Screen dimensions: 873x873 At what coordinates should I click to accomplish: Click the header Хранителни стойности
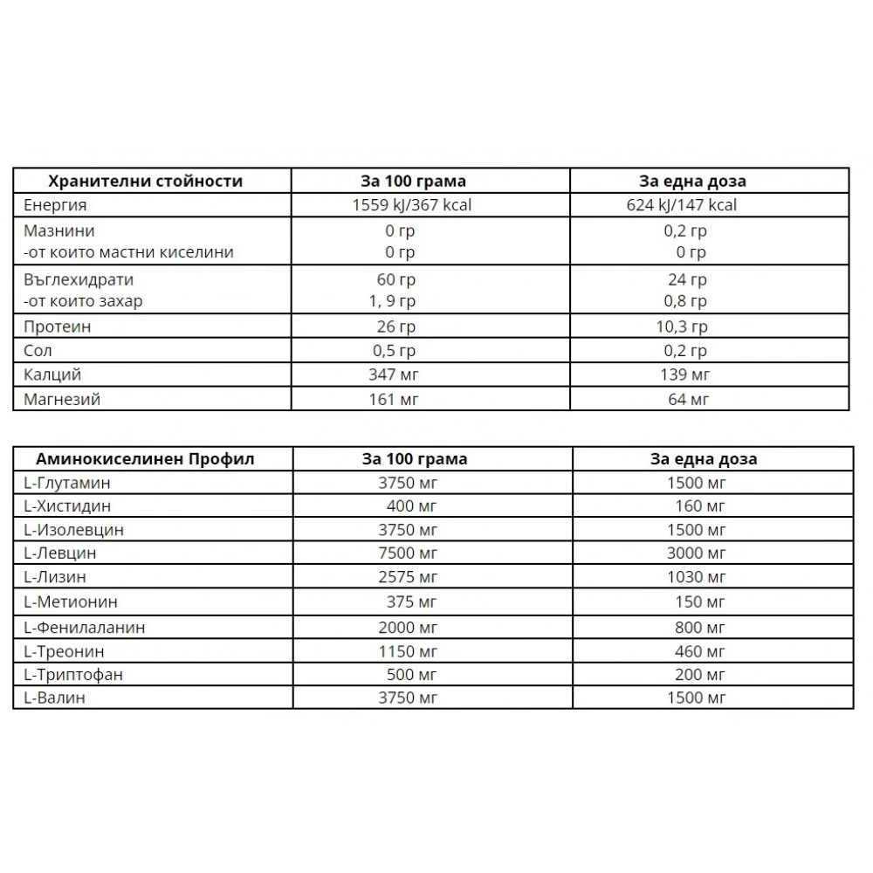(145, 182)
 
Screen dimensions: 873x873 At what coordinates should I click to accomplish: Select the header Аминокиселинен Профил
(145, 459)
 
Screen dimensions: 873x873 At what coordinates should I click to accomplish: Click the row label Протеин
(59, 327)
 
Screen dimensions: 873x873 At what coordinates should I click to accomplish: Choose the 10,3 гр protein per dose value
(684, 327)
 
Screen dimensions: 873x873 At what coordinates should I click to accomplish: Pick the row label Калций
(53, 375)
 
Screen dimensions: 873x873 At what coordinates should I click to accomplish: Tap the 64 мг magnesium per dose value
(687, 400)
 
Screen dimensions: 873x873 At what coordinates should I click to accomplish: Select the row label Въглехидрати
(79, 280)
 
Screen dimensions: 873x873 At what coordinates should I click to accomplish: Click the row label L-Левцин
(60, 553)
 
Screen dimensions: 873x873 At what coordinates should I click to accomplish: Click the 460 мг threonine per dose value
(700, 651)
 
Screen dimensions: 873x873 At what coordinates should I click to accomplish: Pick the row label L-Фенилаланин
(85, 627)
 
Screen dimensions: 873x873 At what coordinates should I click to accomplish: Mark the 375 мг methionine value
(411, 602)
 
